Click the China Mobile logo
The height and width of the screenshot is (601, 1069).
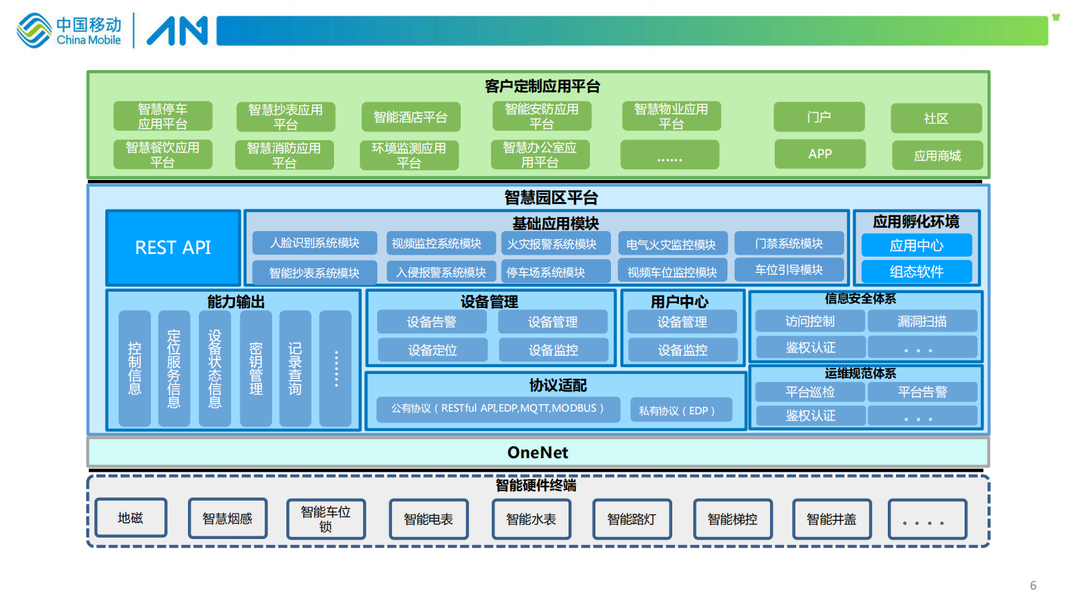pyautogui.click(x=69, y=31)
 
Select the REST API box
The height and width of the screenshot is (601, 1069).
pyautogui.click(x=173, y=248)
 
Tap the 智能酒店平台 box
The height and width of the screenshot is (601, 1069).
pyautogui.click(x=411, y=117)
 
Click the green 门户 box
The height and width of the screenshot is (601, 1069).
pyautogui.click(x=819, y=117)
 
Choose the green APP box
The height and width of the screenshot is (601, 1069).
pyautogui.click(x=820, y=154)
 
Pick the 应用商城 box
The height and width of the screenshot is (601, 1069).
pyautogui.click(x=937, y=156)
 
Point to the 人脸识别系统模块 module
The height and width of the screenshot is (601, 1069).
pyautogui.click(x=315, y=243)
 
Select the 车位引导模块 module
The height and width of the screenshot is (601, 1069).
pyautogui.click(x=789, y=270)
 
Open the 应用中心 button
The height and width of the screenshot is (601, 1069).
pyautogui.click(x=916, y=246)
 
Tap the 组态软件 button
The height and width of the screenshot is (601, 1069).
pyautogui.click(x=916, y=272)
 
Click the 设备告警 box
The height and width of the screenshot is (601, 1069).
pyautogui.click(x=432, y=322)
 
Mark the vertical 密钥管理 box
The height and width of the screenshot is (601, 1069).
pyautogui.click(x=256, y=369)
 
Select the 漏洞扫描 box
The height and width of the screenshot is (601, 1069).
pyautogui.click(x=922, y=321)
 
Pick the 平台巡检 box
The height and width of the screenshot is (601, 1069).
pyautogui.click(x=810, y=392)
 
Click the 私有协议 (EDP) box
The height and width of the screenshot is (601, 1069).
pyautogui.click(x=681, y=410)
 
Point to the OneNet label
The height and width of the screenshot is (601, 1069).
pyautogui.click(x=538, y=453)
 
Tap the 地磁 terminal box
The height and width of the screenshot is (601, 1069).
pyautogui.click(x=131, y=518)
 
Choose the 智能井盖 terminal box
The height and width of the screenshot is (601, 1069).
pyautogui.click(x=832, y=519)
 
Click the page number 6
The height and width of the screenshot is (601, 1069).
pyautogui.click(x=1033, y=586)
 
